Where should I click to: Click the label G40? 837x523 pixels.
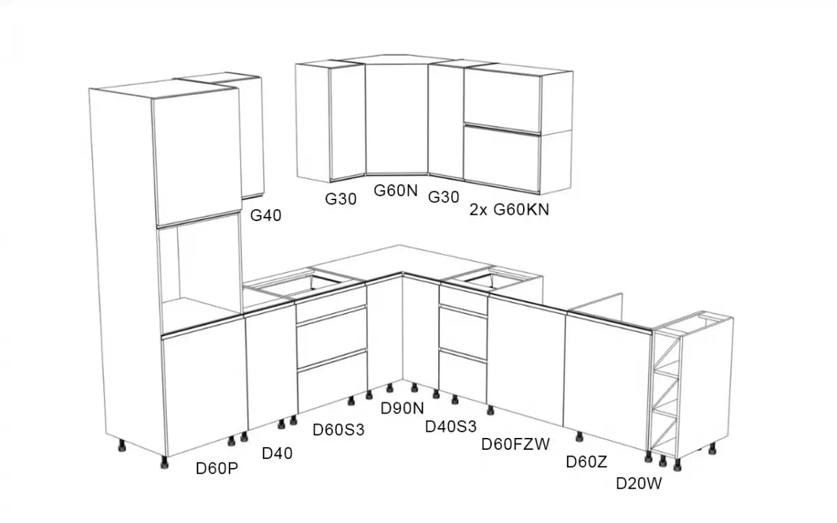[x=266, y=215]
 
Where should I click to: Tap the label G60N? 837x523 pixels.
[x=395, y=190]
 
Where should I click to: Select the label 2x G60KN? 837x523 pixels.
[x=509, y=209]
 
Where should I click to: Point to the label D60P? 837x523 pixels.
[x=217, y=469]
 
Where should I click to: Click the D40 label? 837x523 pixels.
[x=277, y=453]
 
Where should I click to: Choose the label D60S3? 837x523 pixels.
[x=338, y=430]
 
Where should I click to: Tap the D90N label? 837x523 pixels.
[x=402, y=408]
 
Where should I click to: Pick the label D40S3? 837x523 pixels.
[x=451, y=425]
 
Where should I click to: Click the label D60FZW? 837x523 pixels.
[x=516, y=444]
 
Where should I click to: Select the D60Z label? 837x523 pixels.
[x=587, y=462]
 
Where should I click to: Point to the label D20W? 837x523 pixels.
[x=638, y=483]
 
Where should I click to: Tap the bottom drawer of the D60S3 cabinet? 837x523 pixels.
[x=333, y=381]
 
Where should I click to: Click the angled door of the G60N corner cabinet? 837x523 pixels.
[x=396, y=119]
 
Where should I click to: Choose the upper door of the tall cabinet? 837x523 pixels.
[x=197, y=160]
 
